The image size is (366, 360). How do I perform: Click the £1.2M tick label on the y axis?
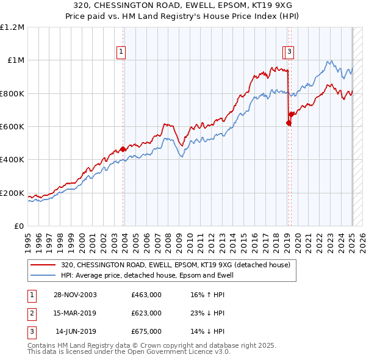tap(13, 27)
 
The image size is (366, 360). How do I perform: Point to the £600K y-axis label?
tap(12, 127)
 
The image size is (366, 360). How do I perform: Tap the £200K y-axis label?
tap(12, 193)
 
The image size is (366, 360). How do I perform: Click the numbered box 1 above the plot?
tap(122, 52)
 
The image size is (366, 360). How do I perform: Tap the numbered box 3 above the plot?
tap(289, 52)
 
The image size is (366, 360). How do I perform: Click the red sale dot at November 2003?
tap(123, 149)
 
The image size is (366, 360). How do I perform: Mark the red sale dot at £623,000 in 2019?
tap(289, 123)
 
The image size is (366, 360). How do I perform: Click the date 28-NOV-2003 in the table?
tap(75, 295)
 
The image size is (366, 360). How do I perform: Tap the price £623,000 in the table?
tap(146, 313)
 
